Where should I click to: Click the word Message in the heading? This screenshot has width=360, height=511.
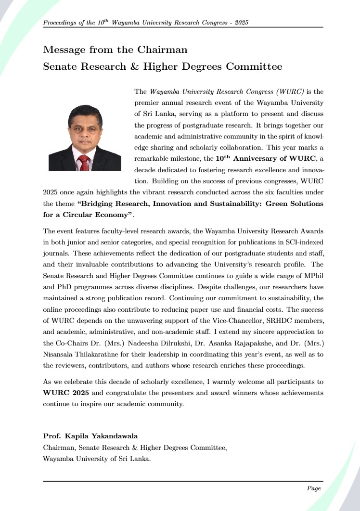(x=64, y=50)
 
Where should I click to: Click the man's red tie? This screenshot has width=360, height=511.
(x=84, y=163)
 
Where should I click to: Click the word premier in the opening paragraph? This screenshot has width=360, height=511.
(x=147, y=102)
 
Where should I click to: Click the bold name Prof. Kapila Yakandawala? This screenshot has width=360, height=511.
(x=90, y=436)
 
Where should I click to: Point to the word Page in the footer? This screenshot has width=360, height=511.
(x=313, y=488)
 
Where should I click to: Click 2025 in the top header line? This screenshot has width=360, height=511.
(x=239, y=23)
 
